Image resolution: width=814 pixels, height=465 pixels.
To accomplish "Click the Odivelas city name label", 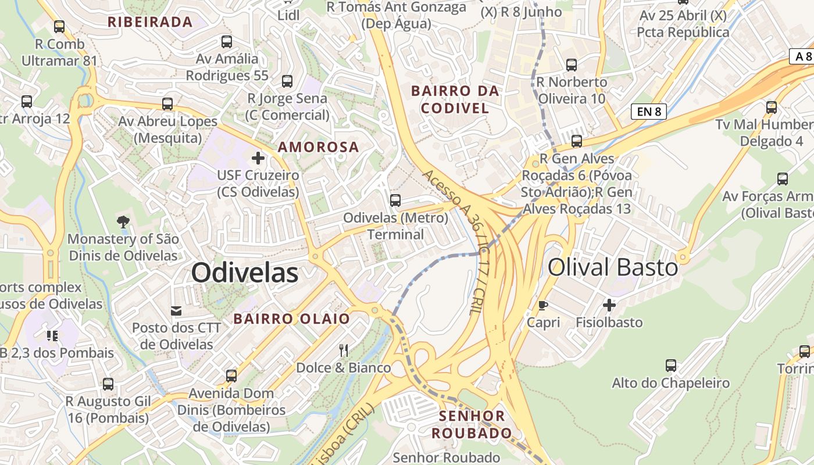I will pos(245,273).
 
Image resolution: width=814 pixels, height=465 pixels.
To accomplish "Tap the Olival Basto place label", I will pos(613,267).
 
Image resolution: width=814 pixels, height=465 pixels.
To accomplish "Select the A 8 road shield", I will pos(802,56).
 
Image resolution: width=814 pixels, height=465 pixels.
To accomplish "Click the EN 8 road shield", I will pos(648,112).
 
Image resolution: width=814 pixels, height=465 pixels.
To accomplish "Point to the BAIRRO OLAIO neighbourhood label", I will pos(292,319).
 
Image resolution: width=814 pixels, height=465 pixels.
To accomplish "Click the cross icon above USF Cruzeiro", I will pos(258,158).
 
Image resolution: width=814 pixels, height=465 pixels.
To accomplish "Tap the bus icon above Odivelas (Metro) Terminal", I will pos(395,200).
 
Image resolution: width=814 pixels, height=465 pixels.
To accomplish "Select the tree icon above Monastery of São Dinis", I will pos(123,221).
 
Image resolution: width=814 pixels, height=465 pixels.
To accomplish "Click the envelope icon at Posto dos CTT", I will pos(176,311).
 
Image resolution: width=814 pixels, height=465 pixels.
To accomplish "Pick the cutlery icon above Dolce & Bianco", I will pos(344,350).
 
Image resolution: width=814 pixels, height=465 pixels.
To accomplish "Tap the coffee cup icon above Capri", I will pos(543,305).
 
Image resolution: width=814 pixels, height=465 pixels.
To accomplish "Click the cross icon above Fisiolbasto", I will pos(609,305).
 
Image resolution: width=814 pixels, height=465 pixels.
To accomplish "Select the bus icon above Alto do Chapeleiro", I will pos(670,366).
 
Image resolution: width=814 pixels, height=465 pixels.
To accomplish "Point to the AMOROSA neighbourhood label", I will pos(319,147).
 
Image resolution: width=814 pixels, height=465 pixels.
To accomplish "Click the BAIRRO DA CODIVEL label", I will pos(455,99).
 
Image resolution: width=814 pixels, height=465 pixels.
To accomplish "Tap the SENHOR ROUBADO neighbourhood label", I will pos(472,424).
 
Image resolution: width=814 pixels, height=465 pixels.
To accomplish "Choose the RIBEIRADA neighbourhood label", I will pos(150,22).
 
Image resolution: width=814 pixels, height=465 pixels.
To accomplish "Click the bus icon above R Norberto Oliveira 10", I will pos(572,65).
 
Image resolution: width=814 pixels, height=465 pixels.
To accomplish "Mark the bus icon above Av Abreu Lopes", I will pos(167,104).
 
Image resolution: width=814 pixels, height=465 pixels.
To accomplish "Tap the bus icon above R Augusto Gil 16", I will pos(108,384).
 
